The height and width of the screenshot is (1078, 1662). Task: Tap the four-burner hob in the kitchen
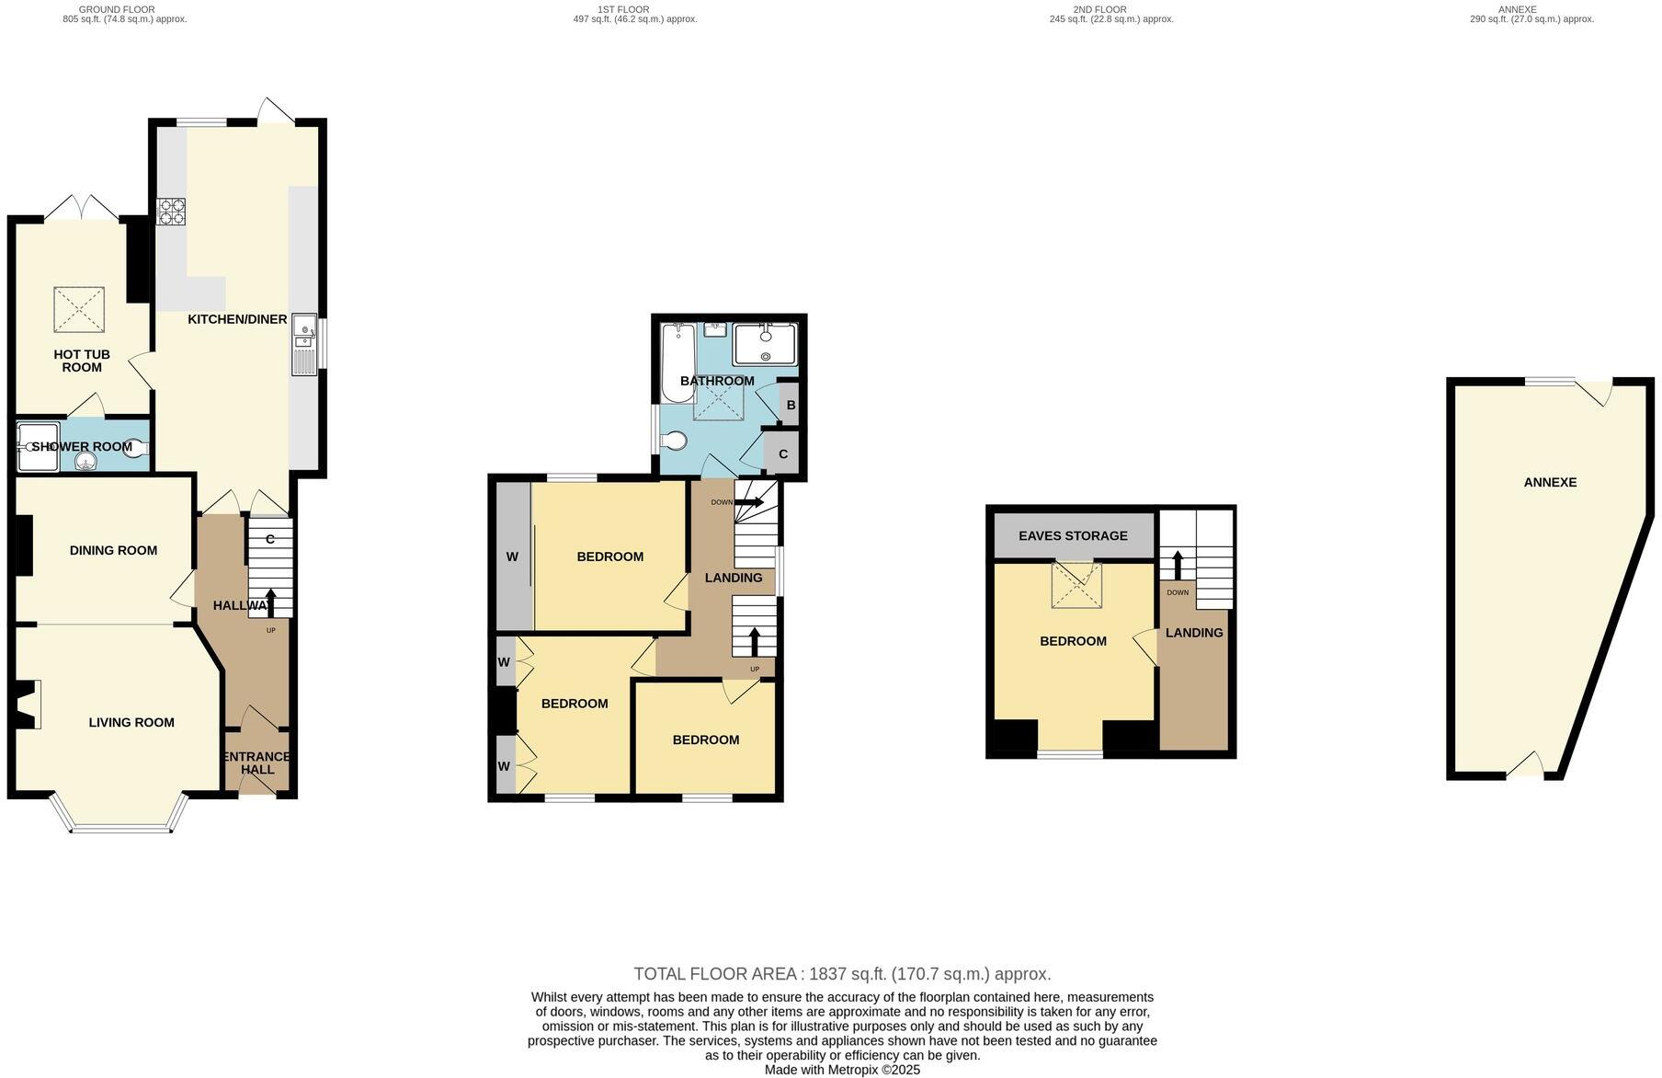(171, 212)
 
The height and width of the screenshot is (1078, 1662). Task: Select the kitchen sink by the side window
(304, 344)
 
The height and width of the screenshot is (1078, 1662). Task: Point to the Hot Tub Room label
(82, 361)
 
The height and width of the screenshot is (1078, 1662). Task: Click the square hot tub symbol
(79, 309)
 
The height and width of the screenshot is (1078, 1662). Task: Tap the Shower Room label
(83, 447)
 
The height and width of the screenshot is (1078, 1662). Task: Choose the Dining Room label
(113, 550)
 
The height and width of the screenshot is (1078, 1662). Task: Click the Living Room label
(131, 722)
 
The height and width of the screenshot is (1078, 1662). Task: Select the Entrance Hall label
(257, 763)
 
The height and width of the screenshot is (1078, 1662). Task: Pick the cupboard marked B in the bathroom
(790, 405)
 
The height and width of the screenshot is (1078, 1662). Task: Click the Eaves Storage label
(1073, 535)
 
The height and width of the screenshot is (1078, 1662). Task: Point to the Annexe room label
(1550, 482)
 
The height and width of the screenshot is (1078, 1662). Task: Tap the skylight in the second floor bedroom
(1076, 585)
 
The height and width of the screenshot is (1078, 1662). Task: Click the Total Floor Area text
(842, 974)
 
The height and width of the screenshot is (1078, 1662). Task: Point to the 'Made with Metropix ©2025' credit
(842, 1070)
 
